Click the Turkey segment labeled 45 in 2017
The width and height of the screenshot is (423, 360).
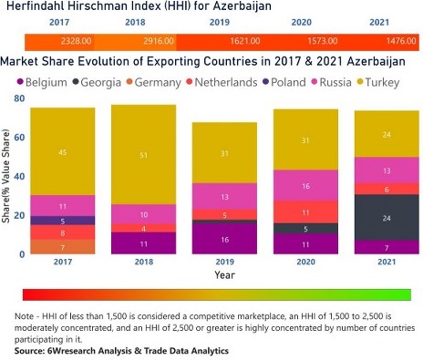[63, 151]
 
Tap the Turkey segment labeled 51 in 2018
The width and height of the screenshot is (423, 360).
[143, 154]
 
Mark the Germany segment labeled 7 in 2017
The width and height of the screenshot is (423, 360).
[63, 247]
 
